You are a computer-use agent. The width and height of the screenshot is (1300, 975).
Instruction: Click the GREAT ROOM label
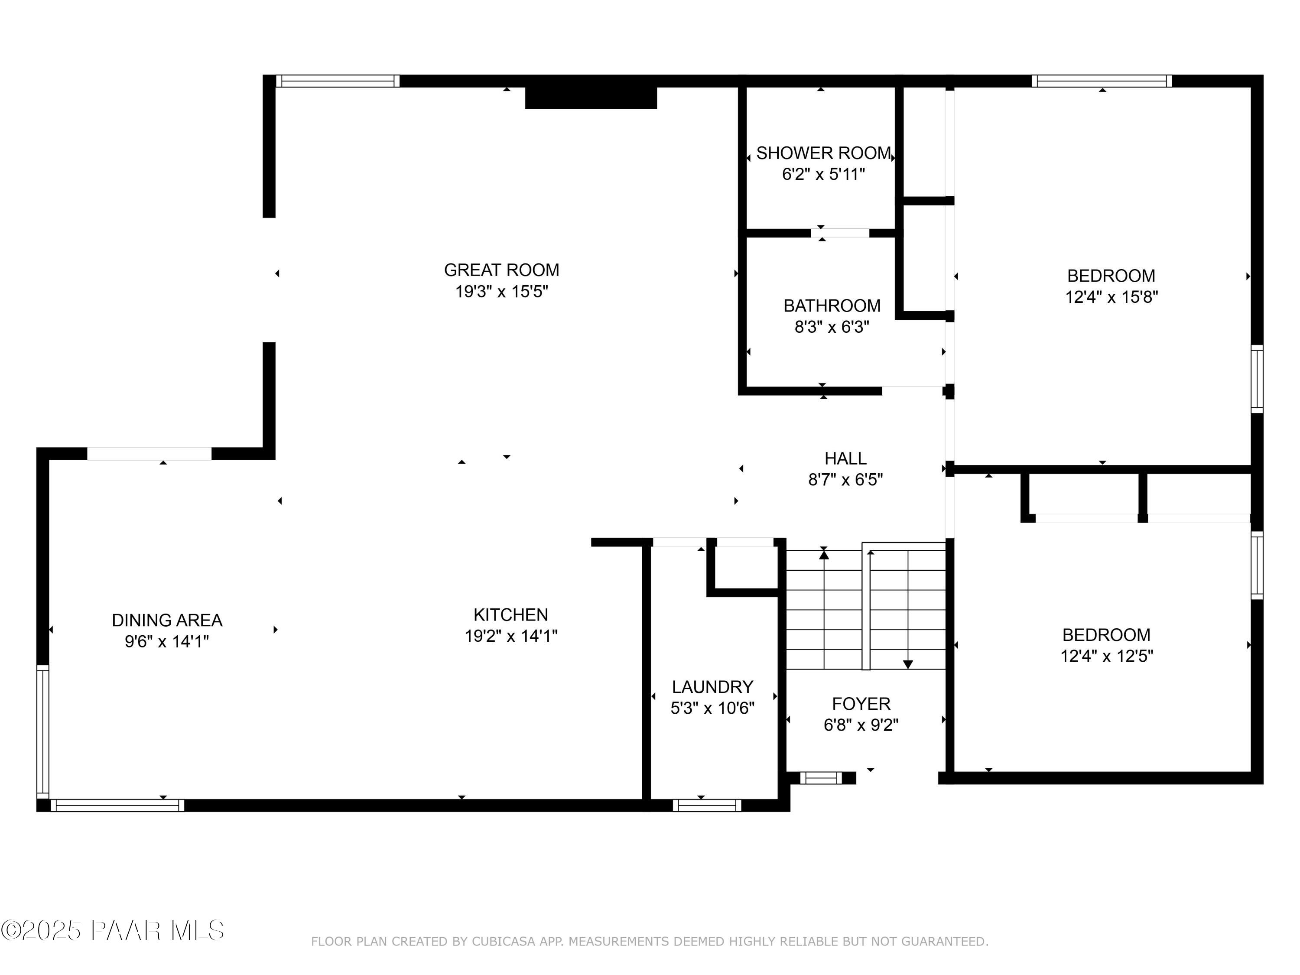tap(501, 270)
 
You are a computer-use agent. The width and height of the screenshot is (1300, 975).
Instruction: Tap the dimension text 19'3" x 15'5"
tap(501, 292)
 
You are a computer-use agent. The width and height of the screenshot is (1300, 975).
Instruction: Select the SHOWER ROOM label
tap(823, 153)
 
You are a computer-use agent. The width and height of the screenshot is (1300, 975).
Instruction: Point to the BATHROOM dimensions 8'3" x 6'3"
tap(832, 327)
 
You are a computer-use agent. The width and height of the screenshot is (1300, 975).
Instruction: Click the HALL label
tap(845, 458)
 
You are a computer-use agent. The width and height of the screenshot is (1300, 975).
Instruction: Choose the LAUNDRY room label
tap(712, 686)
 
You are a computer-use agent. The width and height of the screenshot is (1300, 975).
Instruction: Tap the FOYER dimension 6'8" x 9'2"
tap(861, 725)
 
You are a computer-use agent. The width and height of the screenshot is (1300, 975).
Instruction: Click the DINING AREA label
tap(167, 620)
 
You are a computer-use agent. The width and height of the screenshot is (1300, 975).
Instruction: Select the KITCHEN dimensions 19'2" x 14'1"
tap(511, 636)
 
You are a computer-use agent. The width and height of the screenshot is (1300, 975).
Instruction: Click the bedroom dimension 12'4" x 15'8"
tap(1111, 297)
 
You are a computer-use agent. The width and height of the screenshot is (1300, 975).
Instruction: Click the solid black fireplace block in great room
tap(591, 97)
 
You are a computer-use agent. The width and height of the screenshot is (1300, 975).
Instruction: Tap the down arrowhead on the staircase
tap(908, 665)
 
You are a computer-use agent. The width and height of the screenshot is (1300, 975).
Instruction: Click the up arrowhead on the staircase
tap(824, 554)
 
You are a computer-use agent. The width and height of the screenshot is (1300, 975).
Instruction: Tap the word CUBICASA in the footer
tap(503, 942)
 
